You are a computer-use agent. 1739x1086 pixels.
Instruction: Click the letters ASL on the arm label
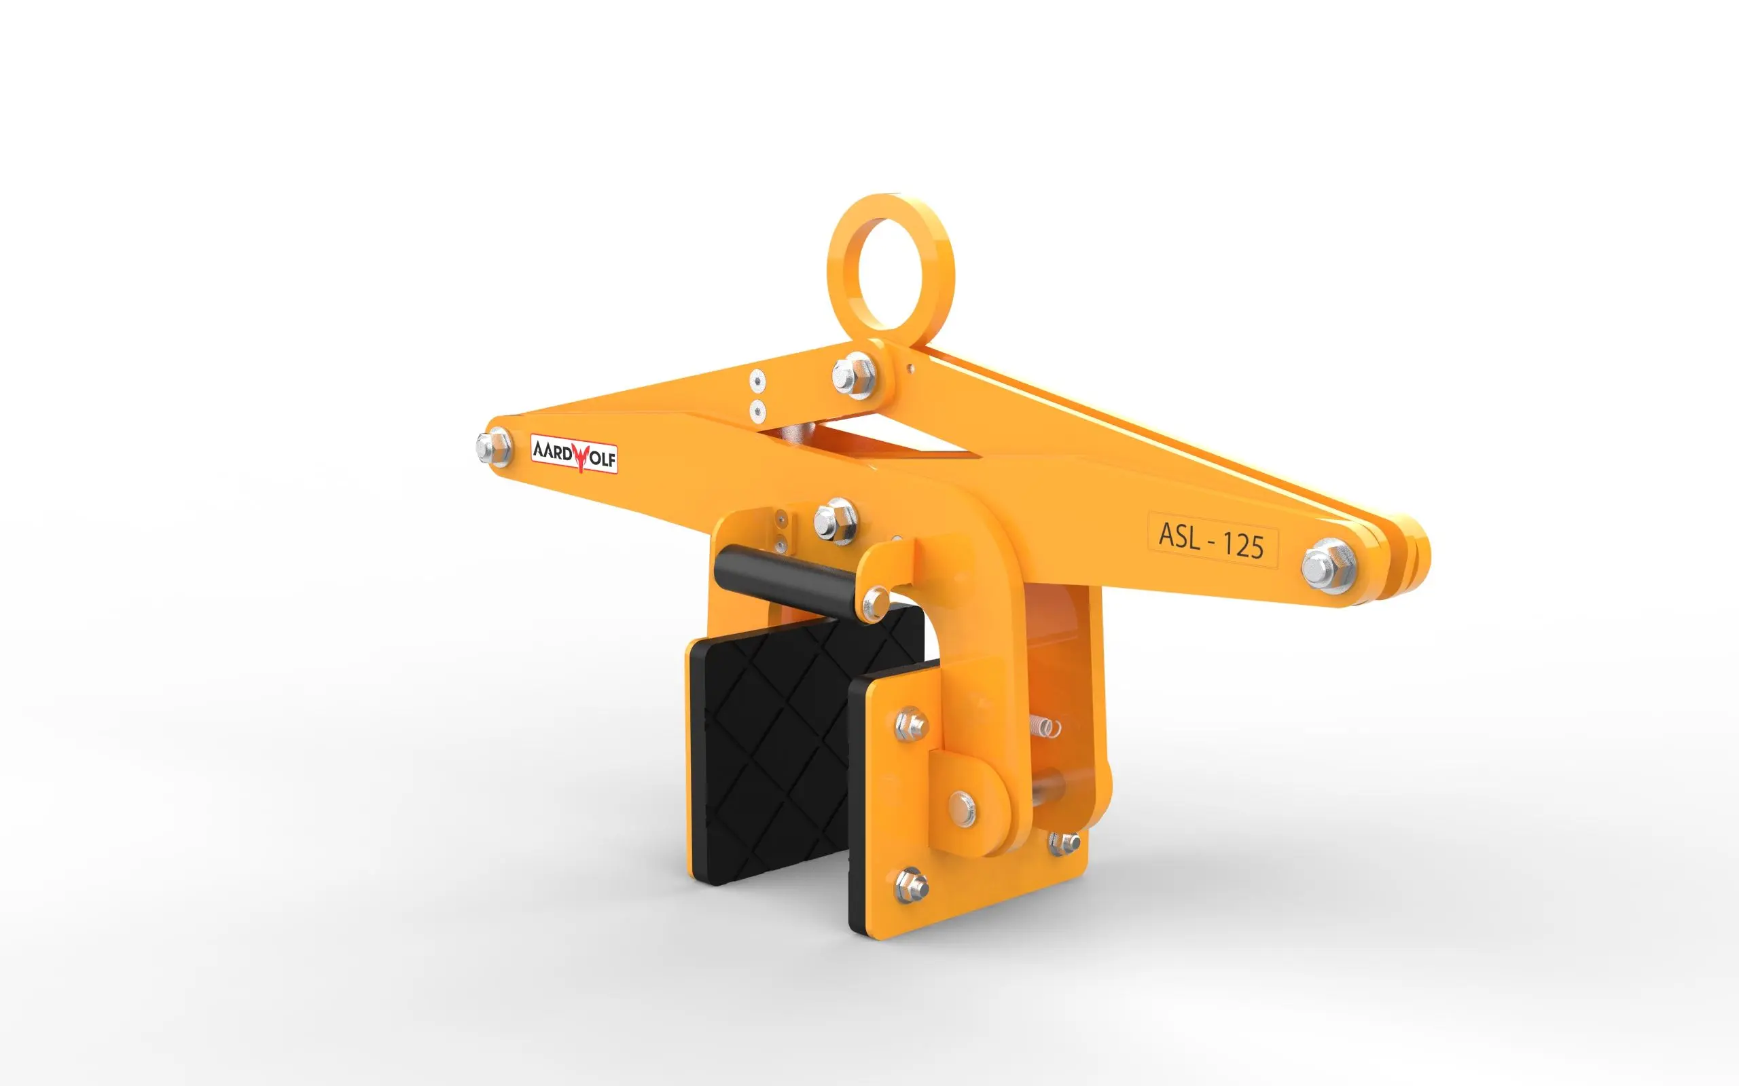click(x=1179, y=536)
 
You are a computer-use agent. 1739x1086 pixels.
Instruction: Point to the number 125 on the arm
click(x=1242, y=545)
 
